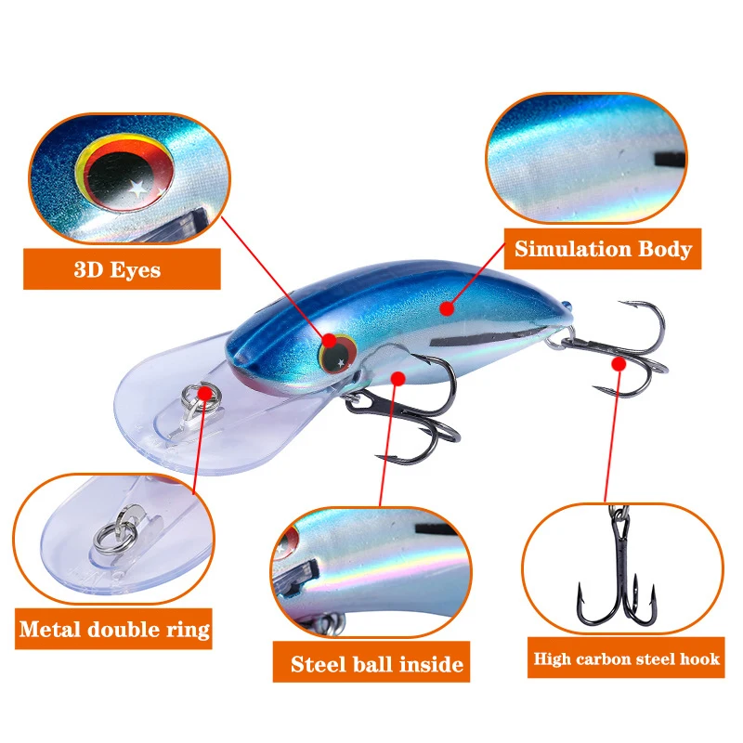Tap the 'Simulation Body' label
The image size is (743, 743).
click(x=603, y=249)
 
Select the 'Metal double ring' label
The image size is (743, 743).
click(x=113, y=629)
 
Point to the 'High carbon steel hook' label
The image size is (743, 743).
click(x=626, y=658)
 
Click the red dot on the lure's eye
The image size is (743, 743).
click(x=330, y=341)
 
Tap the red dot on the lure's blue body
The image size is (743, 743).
click(x=446, y=308)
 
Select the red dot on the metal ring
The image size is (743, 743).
click(x=205, y=393)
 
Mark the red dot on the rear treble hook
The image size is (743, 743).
click(x=619, y=364)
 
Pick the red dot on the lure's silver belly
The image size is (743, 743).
click(x=398, y=378)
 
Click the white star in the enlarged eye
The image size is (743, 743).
click(x=137, y=189)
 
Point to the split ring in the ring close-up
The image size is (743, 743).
click(x=115, y=533)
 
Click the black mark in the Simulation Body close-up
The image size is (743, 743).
click(x=670, y=160)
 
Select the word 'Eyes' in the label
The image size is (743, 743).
click(x=135, y=270)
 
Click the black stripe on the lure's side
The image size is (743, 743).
click(x=478, y=336)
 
